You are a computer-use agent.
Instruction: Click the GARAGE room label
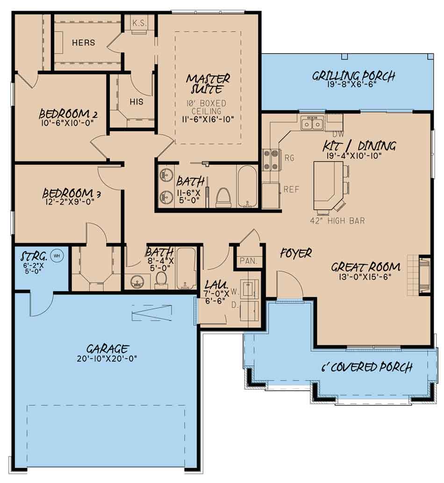(107, 348)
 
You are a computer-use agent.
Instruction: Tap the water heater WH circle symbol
(57, 256)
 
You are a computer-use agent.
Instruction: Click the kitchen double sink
(312, 123)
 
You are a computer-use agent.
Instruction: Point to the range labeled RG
(271, 160)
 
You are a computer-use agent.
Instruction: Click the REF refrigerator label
(291, 189)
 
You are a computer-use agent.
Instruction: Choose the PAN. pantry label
(248, 261)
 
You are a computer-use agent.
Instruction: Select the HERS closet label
(84, 43)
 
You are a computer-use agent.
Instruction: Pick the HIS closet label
(136, 102)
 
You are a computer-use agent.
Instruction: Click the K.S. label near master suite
(140, 23)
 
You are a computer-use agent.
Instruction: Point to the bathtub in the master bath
(247, 187)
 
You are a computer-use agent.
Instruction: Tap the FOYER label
(296, 253)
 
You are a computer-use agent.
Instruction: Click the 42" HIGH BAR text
(337, 220)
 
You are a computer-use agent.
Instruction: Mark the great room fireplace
(424, 275)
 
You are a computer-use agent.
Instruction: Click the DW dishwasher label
(338, 135)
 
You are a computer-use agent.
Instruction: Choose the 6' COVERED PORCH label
(367, 367)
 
